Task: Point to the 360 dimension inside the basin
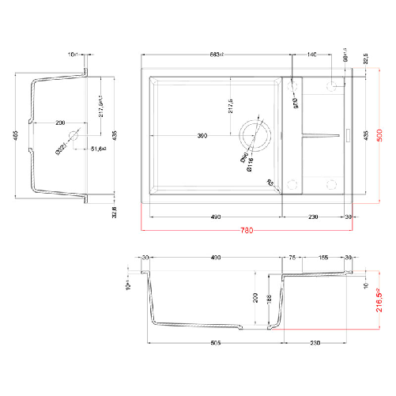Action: tap(202, 138)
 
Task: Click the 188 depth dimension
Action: tap(270, 298)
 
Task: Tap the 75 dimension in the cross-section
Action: tap(292, 258)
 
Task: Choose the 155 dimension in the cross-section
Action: tap(322, 258)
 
